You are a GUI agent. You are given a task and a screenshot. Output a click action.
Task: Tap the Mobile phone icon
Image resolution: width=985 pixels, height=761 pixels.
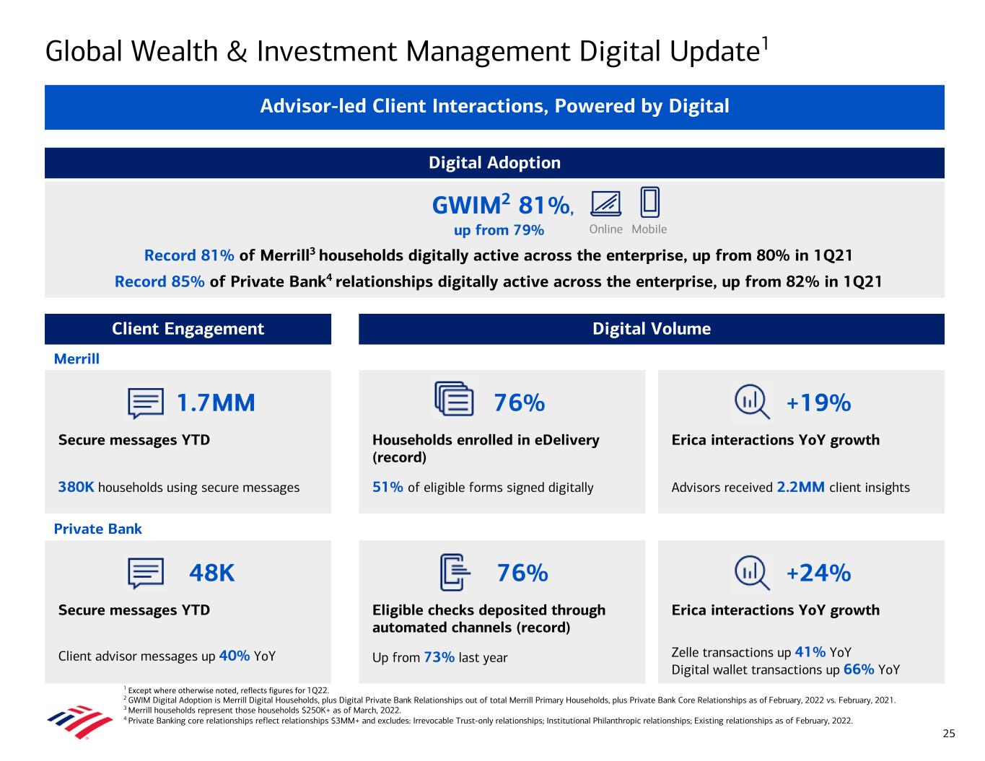tap(649, 203)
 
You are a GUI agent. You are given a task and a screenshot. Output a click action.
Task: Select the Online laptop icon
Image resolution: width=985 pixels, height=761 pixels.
tap(605, 204)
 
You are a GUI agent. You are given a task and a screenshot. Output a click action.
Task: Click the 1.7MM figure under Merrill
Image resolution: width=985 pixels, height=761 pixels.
tap(216, 403)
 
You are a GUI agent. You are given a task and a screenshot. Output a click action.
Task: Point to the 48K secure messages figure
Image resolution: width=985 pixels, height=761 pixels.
tap(211, 573)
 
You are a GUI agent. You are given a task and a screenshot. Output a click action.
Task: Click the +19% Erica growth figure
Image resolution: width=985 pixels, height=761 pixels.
tap(818, 403)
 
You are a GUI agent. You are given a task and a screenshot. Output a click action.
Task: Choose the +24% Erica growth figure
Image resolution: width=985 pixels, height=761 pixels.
tap(818, 573)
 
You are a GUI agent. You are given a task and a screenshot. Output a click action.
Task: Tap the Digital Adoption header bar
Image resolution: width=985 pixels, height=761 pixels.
tap(494, 163)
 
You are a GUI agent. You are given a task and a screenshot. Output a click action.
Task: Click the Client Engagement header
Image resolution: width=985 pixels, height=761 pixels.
tap(188, 329)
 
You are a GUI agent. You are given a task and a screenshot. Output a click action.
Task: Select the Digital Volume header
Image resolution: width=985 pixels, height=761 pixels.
tap(651, 329)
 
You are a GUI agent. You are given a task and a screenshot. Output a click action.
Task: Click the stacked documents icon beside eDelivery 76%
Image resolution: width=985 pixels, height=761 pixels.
tap(455, 399)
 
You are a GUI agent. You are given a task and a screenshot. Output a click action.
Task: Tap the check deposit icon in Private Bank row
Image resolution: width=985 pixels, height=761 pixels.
tap(455, 573)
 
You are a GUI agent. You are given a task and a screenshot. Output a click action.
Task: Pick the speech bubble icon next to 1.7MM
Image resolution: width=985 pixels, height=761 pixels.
tap(146, 403)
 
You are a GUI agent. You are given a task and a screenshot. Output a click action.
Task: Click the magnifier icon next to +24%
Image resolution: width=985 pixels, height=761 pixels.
tap(751, 573)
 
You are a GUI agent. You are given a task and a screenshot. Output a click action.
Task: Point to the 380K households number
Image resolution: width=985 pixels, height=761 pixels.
tap(76, 488)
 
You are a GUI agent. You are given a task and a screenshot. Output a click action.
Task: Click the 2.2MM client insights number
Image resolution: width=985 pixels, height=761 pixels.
tap(800, 488)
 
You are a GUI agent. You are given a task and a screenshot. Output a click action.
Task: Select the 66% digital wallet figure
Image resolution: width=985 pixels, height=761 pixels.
tap(859, 669)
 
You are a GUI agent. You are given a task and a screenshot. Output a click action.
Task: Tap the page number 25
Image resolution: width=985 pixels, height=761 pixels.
tap(948, 734)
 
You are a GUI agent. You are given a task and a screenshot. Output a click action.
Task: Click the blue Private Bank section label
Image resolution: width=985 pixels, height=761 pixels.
tap(98, 529)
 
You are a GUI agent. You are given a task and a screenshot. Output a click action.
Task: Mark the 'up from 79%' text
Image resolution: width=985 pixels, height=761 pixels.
tap(499, 230)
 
